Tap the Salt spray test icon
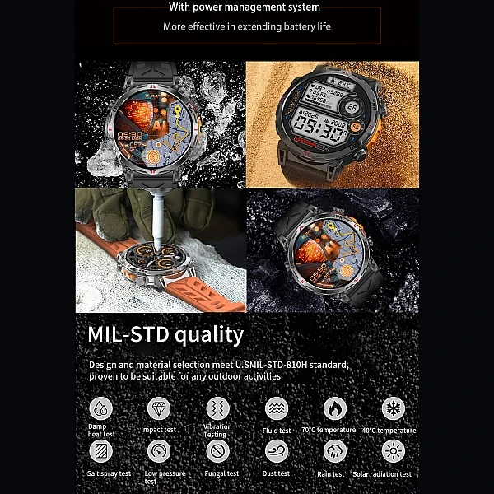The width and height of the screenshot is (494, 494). [100, 451]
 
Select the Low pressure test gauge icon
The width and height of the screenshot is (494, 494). [158, 451]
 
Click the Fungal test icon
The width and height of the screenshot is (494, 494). [217, 451]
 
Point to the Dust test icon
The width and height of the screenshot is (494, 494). [277, 451]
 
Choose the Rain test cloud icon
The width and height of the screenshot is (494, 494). [334, 451]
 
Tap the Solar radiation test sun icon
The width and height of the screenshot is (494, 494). [393, 451]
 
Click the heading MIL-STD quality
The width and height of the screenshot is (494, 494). [165, 334]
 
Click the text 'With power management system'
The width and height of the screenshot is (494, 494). [244, 8]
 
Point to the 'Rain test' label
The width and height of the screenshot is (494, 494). [330, 474]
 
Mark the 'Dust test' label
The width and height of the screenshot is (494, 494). [277, 474]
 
